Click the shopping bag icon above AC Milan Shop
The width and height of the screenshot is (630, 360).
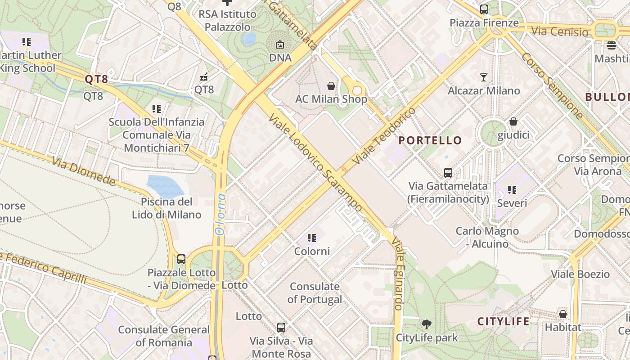[x=331, y=85]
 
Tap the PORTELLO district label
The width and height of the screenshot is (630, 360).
[x=430, y=140]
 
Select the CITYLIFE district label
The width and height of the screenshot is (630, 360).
[x=503, y=321]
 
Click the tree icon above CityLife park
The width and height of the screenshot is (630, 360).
[x=426, y=324]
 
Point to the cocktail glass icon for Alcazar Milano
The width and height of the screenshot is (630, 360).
[x=484, y=77]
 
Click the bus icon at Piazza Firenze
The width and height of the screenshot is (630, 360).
[x=484, y=9]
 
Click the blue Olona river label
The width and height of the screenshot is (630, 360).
[x=220, y=215]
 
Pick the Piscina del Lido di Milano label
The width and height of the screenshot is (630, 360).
[x=166, y=208]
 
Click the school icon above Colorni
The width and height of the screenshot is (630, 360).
[x=312, y=238]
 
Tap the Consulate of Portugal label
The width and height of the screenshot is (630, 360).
[x=315, y=292]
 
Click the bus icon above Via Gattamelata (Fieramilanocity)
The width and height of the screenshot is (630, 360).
[x=448, y=172]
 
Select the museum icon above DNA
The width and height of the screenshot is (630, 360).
[x=280, y=45]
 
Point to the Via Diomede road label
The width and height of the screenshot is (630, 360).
[x=84, y=171]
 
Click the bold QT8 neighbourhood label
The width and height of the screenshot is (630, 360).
[x=96, y=80]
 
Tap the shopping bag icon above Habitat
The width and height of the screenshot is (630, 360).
[x=562, y=314]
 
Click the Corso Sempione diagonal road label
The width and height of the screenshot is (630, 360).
[x=552, y=85]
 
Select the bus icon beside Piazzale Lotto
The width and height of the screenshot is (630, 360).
[x=181, y=259]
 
